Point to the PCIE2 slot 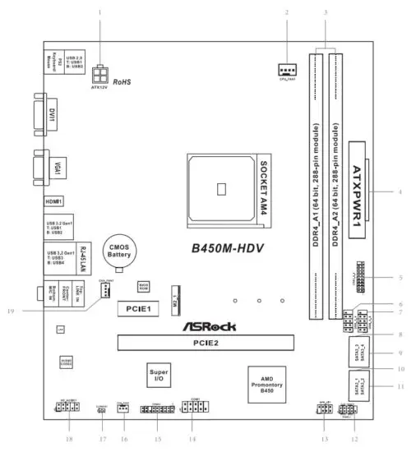click(x=206, y=342)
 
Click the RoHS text click(x=122, y=82)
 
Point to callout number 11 click(x=400, y=385)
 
